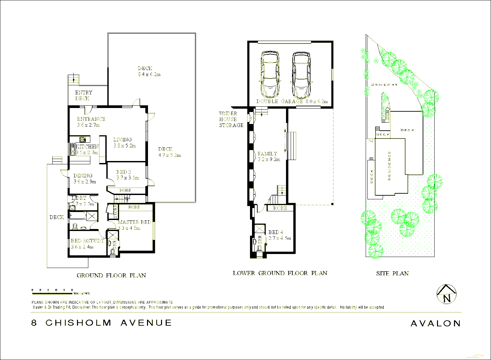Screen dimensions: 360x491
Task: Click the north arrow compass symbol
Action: (447, 294)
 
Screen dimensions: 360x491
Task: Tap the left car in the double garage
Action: (270, 74)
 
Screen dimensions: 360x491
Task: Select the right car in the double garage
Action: (301, 74)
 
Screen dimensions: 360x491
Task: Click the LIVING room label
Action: (123, 140)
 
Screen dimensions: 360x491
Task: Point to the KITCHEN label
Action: (87, 147)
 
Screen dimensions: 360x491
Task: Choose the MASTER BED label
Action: (134, 222)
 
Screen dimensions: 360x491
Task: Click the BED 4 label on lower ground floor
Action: (276, 232)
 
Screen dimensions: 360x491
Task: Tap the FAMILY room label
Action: (267, 154)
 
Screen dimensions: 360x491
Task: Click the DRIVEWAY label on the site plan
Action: (384, 85)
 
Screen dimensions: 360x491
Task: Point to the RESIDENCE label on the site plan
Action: (389, 166)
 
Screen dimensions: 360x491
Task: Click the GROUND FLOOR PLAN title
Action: (111, 275)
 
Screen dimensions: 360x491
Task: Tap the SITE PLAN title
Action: (392, 273)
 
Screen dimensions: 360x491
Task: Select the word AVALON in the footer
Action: (435, 323)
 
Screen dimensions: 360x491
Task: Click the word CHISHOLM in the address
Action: (78, 323)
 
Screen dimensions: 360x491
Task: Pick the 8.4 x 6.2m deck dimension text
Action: (149, 74)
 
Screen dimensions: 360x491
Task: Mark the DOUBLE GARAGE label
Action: (279, 101)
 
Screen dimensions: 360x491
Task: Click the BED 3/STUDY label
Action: (87, 241)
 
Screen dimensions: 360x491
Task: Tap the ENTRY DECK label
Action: (83, 95)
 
